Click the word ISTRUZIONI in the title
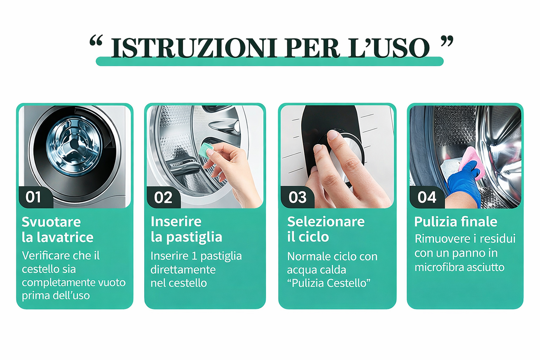point(194,48)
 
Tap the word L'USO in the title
point(389,48)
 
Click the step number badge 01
point(34,197)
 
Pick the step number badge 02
point(163,197)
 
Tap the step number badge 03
point(297,197)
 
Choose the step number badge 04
point(427,197)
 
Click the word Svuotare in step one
point(51,222)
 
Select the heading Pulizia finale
point(456,222)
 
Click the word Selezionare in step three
point(325,222)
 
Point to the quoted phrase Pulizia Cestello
point(328,283)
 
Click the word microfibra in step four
point(436,267)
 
